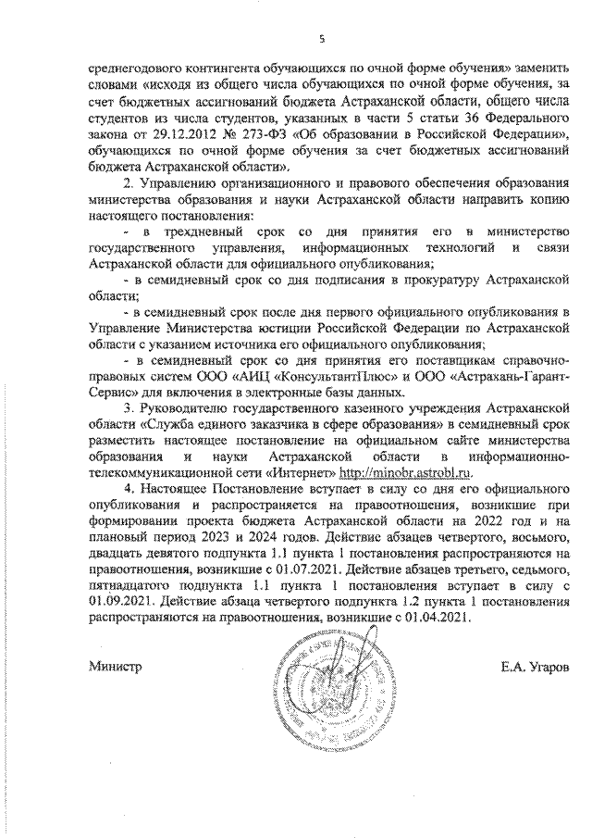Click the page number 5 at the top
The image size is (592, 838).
point(322,38)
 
